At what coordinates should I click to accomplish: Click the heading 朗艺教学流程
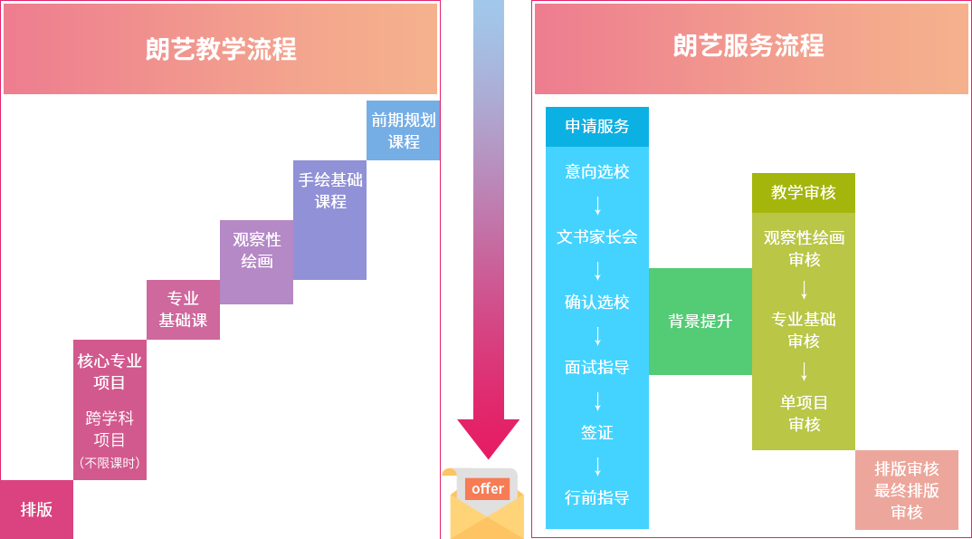click(221, 49)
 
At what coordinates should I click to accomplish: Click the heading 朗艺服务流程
click(749, 46)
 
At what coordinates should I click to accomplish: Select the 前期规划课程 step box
click(403, 130)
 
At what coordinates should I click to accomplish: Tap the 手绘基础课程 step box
click(330, 190)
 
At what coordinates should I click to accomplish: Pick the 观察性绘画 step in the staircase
click(257, 250)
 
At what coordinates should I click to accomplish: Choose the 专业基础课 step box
click(183, 309)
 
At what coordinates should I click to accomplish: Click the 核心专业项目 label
click(110, 371)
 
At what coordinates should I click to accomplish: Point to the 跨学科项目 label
click(110, 429)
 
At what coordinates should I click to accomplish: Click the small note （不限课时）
click(110, 463)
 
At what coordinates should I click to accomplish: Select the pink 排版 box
click(36, 509)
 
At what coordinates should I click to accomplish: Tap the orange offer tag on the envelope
click(488, 489)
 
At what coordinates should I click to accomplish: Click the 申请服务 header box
click(597, 127)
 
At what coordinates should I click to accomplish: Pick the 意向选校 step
click(597, 171)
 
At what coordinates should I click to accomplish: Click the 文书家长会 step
click(597, 236)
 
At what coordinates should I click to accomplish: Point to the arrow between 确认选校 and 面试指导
click(597, 335)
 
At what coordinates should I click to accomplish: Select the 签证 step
click(597, 433)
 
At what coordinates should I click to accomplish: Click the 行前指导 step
click(597, 497)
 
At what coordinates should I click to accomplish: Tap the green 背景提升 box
click(700, 321)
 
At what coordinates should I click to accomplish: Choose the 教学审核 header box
click(804, 192)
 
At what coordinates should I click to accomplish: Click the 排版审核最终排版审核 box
click(907, 490)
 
